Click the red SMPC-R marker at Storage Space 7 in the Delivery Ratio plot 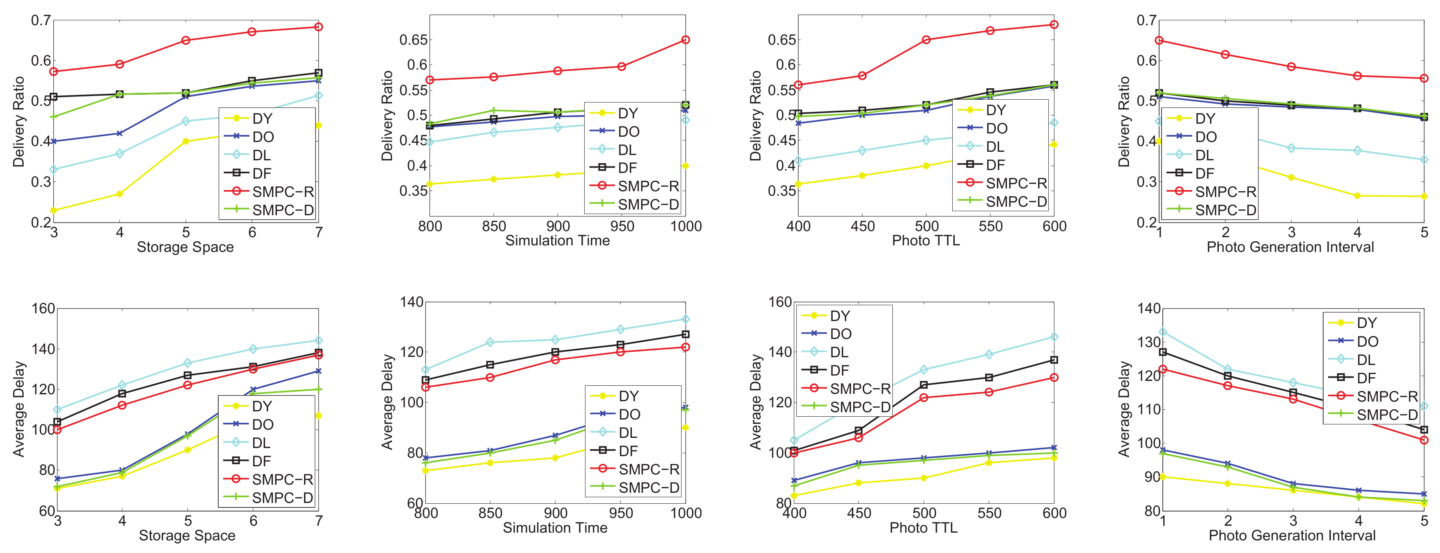click(x=318, y=27)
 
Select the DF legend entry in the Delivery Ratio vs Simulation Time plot click(x=628, y=168)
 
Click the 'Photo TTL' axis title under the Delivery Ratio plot click(x=926, y=241)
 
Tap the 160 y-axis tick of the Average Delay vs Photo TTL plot click(x=780, y=302)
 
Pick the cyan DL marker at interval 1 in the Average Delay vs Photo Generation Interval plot click(x=1163, y=332)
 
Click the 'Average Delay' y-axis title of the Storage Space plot click(x=19, y=409)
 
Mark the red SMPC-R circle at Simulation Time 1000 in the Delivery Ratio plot click(x=685, y=39)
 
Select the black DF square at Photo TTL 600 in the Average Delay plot click(x=1054, y=360)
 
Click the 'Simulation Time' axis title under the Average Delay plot click(x=555, y=528)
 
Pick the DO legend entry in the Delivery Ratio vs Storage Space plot click(x=263, y=137)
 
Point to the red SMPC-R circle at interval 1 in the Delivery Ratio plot click(x=1159, y=40)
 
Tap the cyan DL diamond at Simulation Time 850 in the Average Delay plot click(x=490, y=342)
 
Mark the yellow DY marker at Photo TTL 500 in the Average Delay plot click(x=923, y=478)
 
